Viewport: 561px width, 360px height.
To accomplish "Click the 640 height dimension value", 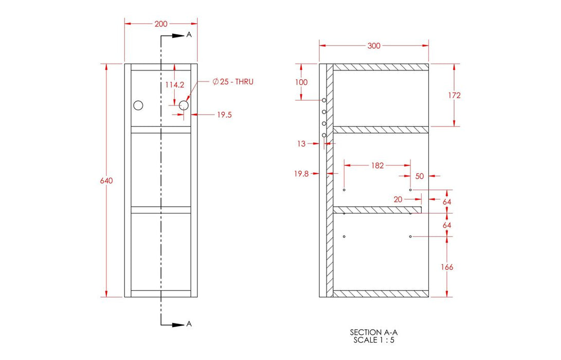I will [106, 181].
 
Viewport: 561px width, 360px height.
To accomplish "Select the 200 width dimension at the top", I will [161, 24].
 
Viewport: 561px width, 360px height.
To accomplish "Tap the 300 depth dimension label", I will [374, 46].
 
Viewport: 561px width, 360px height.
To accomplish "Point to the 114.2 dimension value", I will [175, 84].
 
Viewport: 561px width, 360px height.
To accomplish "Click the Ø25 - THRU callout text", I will [233, 82].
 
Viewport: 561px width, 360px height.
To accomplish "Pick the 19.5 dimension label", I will [224, 115].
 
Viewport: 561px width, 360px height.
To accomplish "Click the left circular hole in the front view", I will [138, 105].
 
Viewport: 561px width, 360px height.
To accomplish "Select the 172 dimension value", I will [454, 95].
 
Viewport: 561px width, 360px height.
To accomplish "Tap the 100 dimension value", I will [301, 82].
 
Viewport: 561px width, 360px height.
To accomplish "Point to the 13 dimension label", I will [301, 144].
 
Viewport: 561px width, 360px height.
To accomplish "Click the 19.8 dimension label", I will [301, 174].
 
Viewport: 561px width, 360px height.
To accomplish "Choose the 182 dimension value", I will [377, 166].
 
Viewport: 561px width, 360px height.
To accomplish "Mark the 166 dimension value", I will [447, 267].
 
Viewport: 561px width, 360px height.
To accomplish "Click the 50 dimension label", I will [420, 176].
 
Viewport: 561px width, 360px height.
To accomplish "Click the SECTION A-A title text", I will [374, 332].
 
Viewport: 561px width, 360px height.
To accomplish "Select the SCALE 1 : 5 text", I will [374, 340].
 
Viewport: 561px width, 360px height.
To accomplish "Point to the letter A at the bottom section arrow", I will [189, 323].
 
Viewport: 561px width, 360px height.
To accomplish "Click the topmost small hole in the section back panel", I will [324, 100].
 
